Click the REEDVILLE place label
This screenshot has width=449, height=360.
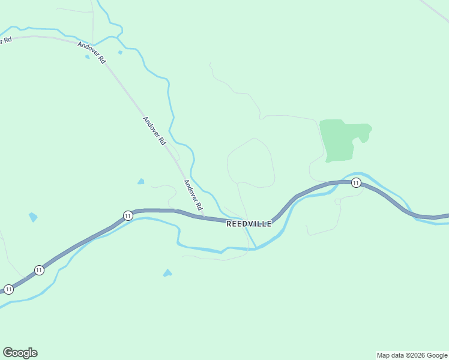coord(249,224)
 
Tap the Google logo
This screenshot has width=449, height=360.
coord(20,353)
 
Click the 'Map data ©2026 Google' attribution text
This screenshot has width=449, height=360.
coord(412,355)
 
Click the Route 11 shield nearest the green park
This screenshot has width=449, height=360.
coord(356,183)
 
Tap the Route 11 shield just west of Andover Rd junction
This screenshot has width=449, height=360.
coord(128,215)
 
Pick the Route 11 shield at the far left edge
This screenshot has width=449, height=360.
coord(8,289)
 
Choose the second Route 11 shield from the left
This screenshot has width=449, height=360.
coord(39,270)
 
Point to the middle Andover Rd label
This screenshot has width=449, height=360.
coord(154,130)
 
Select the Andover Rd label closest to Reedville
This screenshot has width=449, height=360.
coord(193,195)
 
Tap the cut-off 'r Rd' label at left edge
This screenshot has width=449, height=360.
coord(6,40)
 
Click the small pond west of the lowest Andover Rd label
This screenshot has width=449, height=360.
coord(141,181)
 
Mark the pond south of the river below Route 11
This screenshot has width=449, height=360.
coord(167,273)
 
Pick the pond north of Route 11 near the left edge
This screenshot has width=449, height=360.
coord(33,217)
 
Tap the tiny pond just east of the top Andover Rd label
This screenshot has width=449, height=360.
coord(120,52)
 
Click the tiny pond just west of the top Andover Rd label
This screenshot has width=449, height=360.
coord(88,56)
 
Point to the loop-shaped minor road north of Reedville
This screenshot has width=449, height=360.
coord(251,162)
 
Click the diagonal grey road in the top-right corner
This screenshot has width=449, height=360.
coord(435,10)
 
